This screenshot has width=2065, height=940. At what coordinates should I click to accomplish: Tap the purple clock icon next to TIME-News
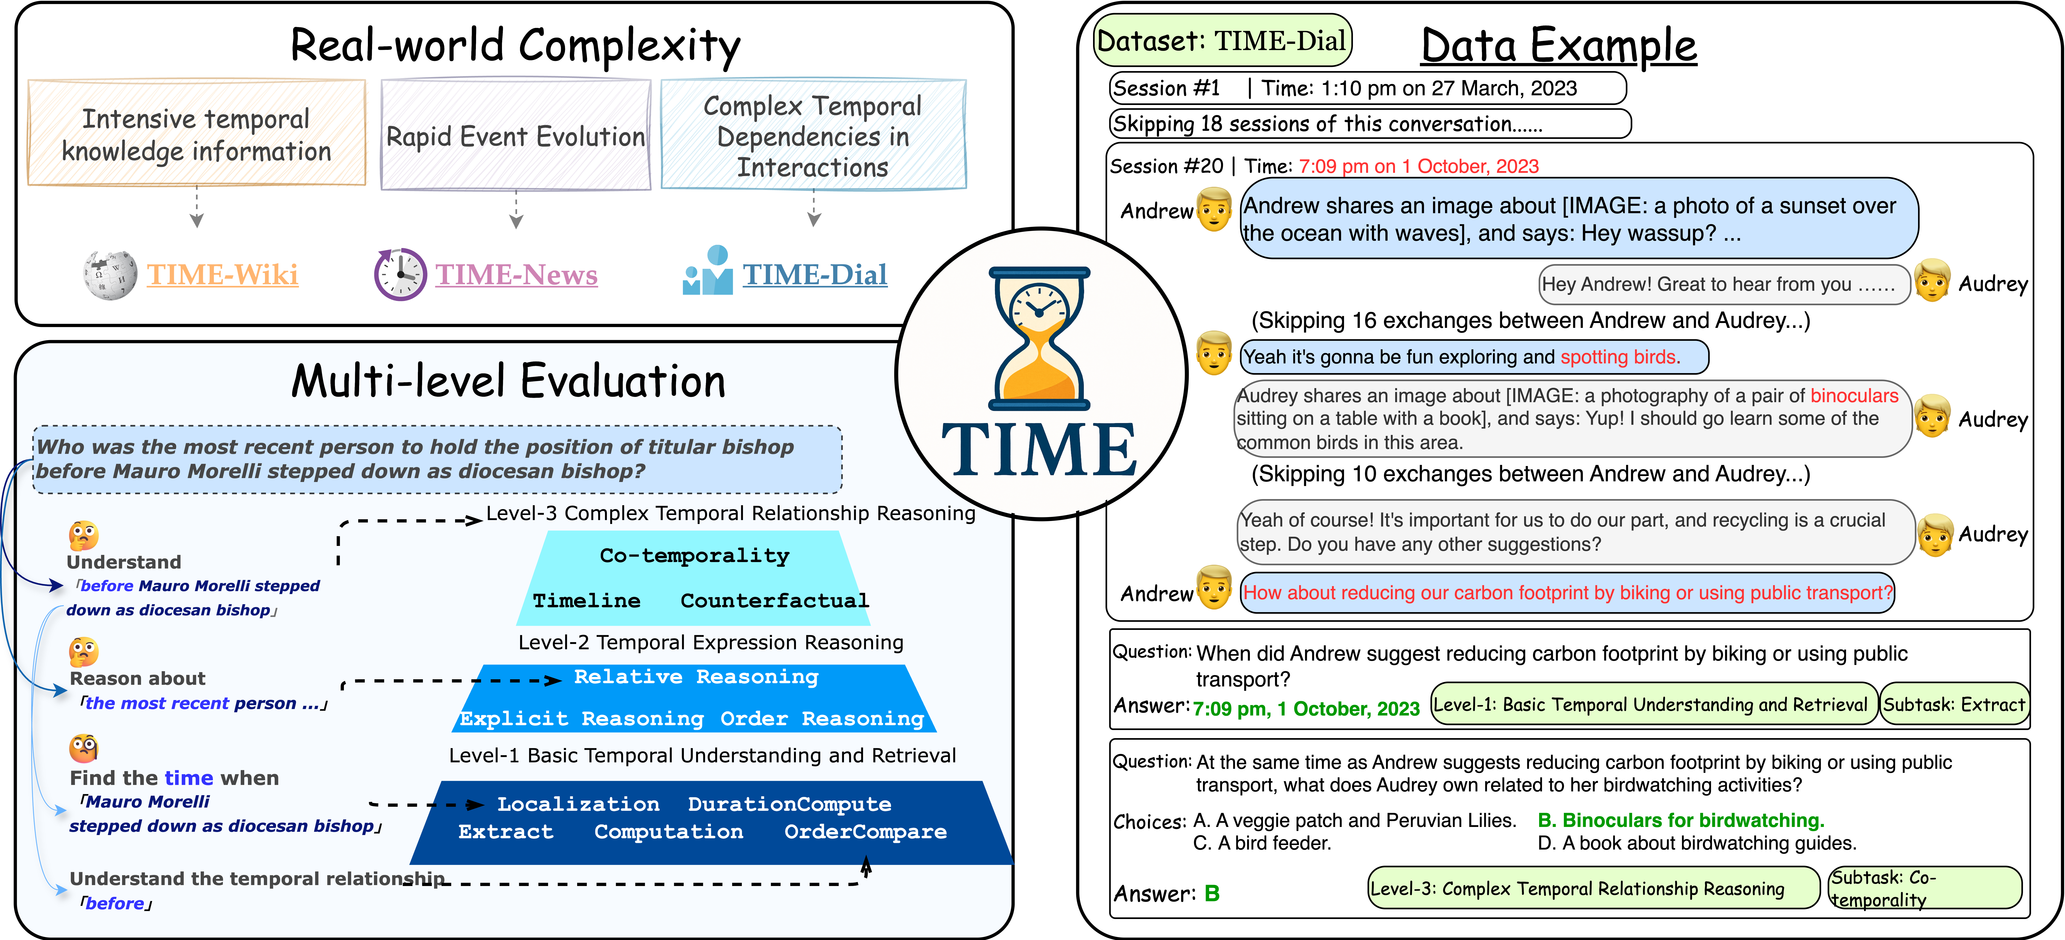tap(400, 274)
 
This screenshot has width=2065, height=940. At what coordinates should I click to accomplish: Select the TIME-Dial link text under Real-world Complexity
tap(814, 274)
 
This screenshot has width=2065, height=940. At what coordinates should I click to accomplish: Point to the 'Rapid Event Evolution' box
tap(516, 135)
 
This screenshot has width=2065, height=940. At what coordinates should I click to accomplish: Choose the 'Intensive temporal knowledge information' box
tap(197, 134)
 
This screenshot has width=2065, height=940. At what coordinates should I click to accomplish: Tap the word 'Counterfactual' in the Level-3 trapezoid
tap(774, 601)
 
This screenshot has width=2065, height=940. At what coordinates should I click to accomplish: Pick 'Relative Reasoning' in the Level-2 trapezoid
tap(696, 677)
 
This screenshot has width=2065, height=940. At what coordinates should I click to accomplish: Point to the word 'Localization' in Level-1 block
tap(578, 804)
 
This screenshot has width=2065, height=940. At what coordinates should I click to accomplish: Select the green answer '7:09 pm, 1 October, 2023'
tap(1306, 709)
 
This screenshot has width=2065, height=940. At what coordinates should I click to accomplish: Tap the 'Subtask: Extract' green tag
tap(1954, 704)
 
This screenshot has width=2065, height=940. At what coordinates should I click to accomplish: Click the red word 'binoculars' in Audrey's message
tap(1854, 395)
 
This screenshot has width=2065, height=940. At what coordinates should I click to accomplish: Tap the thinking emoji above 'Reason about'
tap(83, 651)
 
